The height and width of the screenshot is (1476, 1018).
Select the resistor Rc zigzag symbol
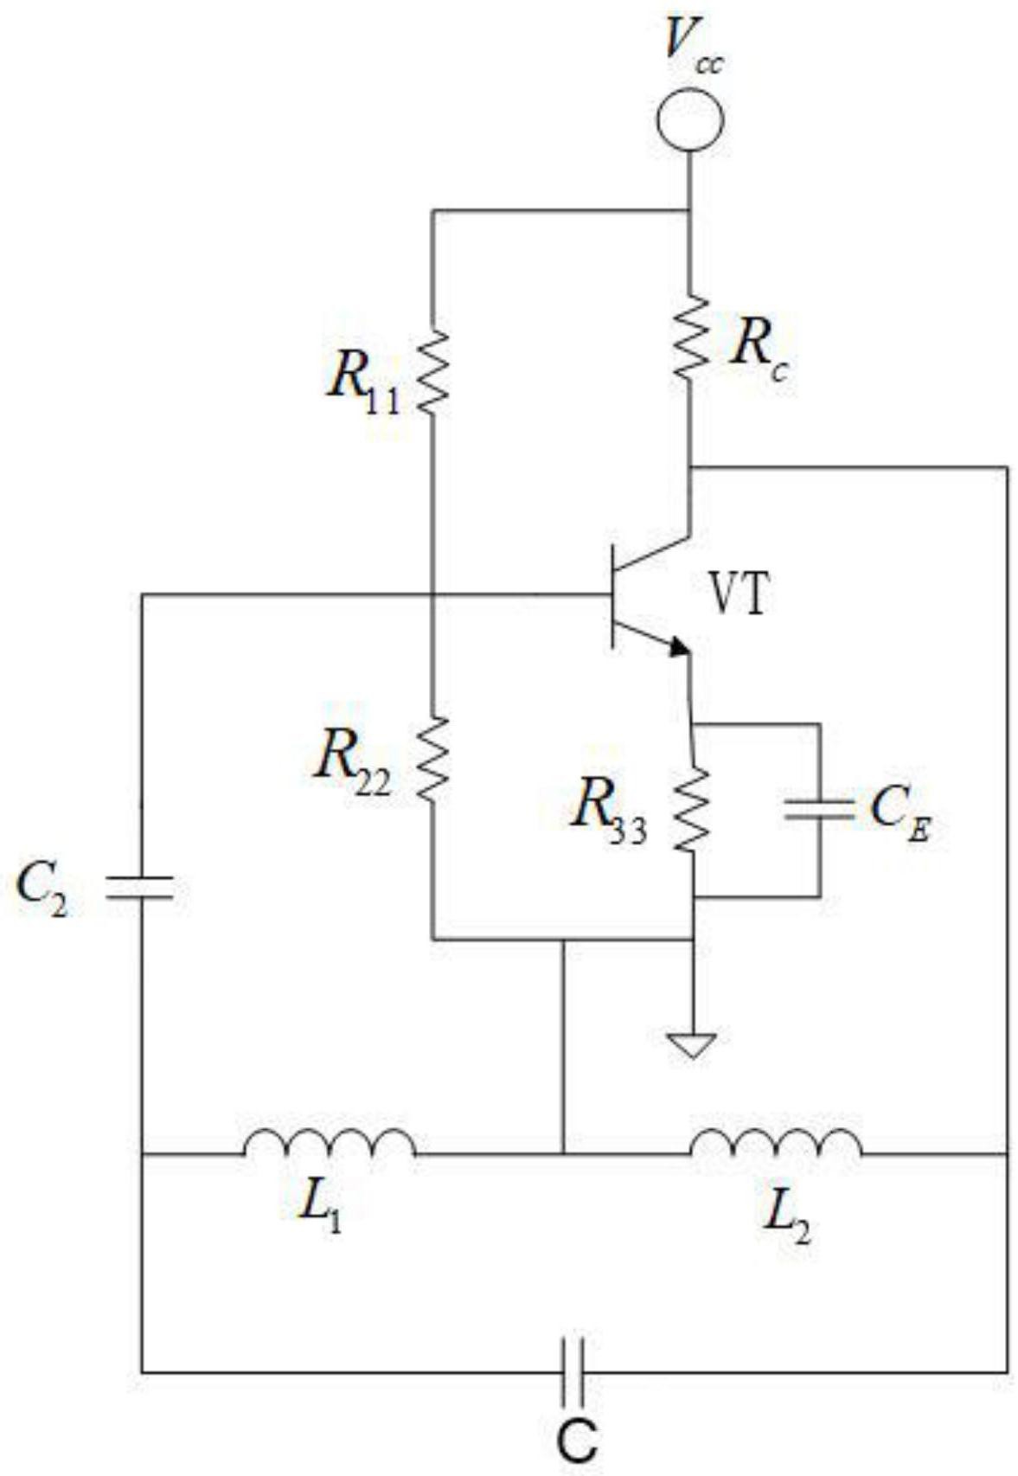[x=690, y=337]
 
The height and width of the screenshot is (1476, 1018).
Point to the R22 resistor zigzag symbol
[x=432, y=759]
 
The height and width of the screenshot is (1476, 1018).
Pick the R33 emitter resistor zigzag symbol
[x=693, y=809]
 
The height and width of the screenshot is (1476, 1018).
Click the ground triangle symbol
[x=691, y=1046]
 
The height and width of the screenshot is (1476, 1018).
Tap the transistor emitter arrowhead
[x=680, y=646]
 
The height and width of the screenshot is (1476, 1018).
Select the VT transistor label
[x=738, y=594]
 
